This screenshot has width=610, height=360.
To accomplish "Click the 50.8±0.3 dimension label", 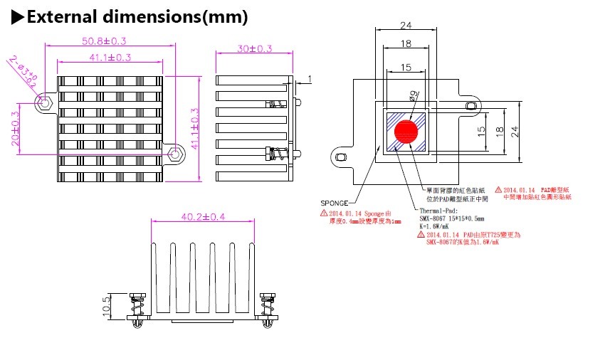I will click(109, 41).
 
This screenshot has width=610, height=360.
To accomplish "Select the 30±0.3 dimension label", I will click(255, 48).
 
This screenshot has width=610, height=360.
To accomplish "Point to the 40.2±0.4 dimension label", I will click(193, 216).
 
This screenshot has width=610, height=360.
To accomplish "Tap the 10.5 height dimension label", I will click(107, 306).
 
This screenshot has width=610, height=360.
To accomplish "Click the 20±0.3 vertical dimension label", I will click(16, 129).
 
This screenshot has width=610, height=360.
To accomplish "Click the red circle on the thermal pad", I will click(406, 131).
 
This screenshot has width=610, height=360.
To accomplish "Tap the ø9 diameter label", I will click(414, 94).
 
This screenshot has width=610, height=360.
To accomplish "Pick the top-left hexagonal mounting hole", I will click(46, 102).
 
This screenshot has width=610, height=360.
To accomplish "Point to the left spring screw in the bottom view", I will click(139, 310).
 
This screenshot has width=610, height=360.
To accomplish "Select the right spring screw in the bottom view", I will click(268, 310).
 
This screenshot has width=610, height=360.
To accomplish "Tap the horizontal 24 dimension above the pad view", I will click(406, 26).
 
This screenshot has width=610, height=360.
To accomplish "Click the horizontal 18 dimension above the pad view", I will click(406, 44).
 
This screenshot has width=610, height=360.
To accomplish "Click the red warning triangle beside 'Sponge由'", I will click(324, 213).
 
